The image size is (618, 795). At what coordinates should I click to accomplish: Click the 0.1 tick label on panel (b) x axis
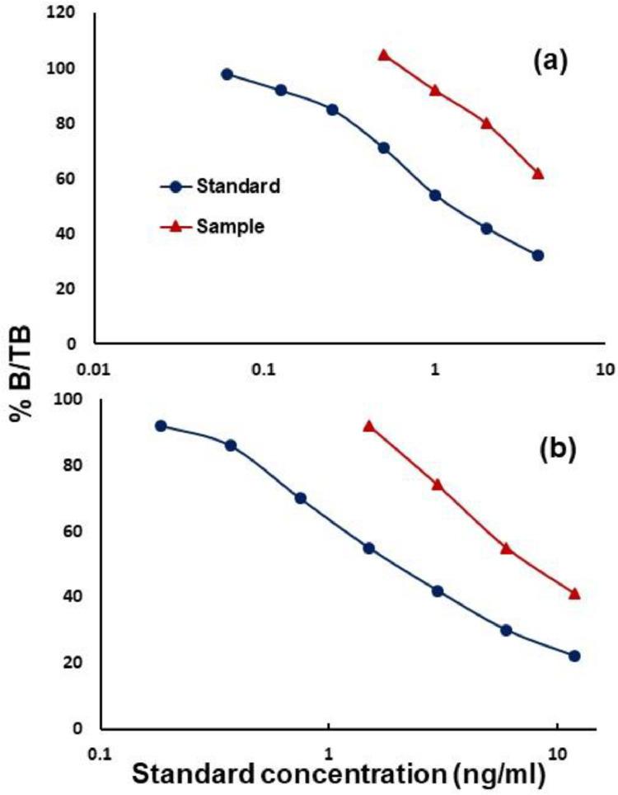click(x=99, y=753)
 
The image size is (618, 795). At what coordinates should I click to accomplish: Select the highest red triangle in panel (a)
click(x=383, y=55)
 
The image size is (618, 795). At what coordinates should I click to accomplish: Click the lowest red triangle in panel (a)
click(x=538, y=173)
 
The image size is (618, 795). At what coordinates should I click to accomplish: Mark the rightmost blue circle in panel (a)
click(x=538, y=256)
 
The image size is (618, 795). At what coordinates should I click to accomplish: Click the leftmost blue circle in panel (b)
click(x=161, y=426)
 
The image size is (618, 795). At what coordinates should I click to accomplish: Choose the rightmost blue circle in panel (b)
click(x=574, y=656)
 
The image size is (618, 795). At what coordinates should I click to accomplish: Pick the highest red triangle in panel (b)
click(x=369, y=426)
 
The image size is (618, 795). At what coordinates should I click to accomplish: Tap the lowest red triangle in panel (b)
click(x=574, y=594)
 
